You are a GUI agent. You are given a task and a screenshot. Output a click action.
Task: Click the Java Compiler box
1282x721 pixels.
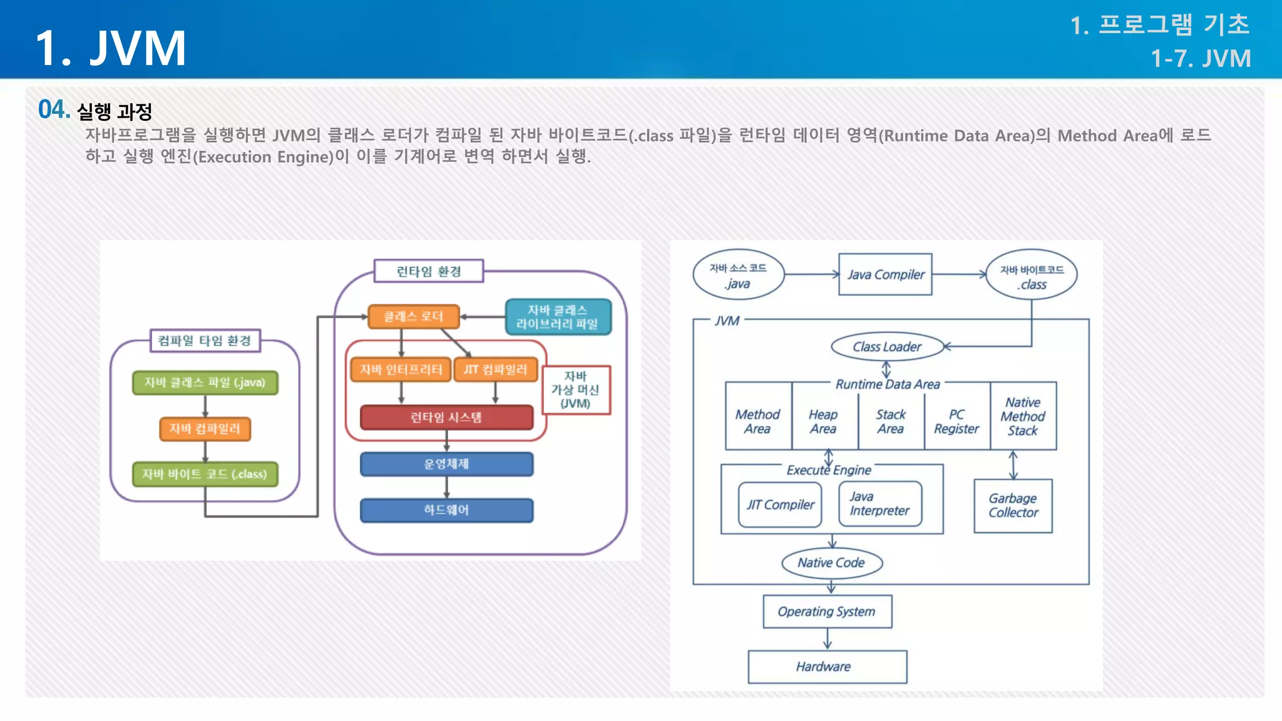885,274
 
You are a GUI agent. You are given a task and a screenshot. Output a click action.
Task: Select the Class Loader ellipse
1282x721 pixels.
887,347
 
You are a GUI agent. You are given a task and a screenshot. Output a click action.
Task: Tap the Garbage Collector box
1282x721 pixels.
1013,506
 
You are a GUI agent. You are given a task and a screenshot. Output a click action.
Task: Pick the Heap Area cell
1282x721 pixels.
823,422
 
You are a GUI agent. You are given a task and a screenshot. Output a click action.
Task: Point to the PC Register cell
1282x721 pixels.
956,422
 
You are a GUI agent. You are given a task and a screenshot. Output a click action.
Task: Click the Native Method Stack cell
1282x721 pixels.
1023,417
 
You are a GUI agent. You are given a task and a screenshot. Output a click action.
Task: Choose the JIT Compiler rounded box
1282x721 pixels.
780,504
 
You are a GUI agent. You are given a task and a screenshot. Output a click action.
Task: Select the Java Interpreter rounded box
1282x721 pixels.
879,504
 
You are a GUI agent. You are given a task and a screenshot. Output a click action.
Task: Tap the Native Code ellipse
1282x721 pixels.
831,563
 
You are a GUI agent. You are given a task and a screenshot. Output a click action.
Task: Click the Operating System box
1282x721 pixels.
827,611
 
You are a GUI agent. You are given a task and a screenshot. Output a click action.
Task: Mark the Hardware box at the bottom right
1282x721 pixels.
827,667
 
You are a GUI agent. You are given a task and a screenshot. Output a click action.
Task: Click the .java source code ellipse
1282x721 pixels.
738,275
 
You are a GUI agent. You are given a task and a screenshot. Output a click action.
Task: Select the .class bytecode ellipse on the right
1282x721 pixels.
1032,277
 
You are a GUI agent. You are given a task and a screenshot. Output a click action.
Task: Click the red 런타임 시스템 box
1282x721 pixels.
446,417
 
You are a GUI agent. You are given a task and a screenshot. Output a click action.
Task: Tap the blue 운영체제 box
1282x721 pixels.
446,464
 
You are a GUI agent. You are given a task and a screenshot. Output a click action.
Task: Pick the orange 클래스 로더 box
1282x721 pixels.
413,317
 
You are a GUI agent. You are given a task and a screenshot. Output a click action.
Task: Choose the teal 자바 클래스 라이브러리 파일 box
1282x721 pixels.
557,317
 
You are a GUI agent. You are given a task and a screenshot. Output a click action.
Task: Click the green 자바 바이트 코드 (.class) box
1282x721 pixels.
205,474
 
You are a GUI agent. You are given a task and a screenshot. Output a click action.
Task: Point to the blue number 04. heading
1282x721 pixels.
54,110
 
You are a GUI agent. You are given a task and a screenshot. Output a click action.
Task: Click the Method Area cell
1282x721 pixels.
757,422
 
